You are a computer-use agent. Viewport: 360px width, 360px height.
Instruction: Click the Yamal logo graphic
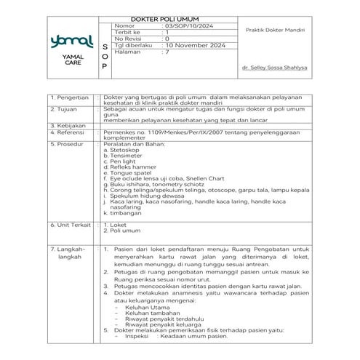pos(65,41)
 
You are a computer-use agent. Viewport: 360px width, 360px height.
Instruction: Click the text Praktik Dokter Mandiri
pos(274,31)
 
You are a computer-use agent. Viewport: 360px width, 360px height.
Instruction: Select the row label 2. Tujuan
pos(63,108)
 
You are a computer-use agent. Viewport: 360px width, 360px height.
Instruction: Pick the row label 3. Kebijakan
pos(68,126)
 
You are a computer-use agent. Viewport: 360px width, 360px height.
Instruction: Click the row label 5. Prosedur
pos(67,144)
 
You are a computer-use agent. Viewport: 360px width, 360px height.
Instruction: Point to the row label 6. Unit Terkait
pos(70,225)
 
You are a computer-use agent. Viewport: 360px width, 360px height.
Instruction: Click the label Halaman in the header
pos(129,52)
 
